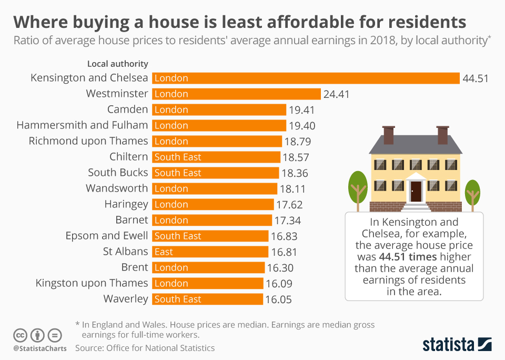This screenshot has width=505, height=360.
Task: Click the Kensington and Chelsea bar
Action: tap(306, 78)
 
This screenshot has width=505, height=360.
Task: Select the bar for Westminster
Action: tap(236, 94)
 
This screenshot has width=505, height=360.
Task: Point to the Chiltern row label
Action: tap(128, 157)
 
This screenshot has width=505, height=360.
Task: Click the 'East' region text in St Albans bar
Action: tap(164, 252)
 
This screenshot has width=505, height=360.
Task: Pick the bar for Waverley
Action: tap(207, 299)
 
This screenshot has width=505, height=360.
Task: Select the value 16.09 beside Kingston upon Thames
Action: tap(279, 284)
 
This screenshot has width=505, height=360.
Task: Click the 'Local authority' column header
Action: tap(117, 64)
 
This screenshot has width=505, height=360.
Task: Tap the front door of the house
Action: tap(416, 191)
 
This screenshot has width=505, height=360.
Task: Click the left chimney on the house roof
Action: tap(389, 135)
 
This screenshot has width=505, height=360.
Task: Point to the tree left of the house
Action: tap(358, 187)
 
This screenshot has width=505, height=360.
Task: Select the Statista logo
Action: tap(457, 345)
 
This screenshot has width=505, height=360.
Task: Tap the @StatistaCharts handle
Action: tap(40, 348)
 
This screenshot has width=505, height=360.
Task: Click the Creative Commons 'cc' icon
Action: tap(21, 335)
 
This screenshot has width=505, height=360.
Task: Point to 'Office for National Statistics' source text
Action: tap(160, 348)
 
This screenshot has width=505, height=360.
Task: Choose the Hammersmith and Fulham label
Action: tap(82, 125)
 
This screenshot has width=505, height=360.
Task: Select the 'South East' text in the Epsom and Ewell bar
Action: tap(178, 236)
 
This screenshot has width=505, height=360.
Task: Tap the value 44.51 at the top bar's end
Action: tap(476, 78)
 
